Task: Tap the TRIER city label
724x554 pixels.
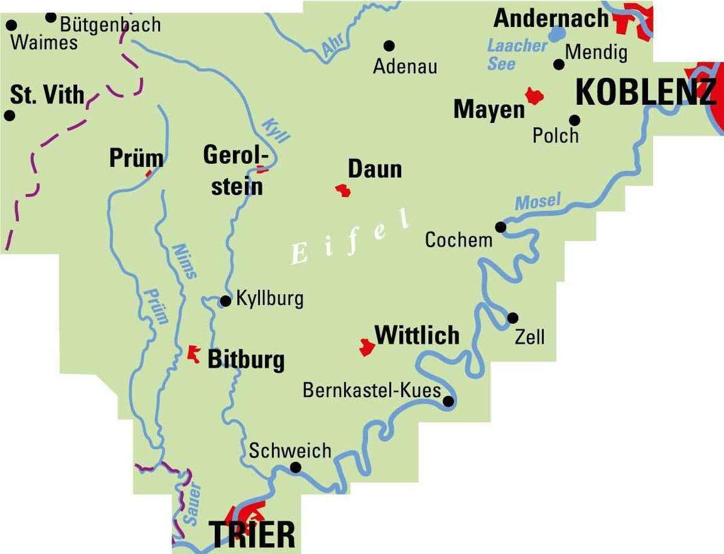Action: (x=252, y=535)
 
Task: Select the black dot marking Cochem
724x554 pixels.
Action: (x=501, y=227)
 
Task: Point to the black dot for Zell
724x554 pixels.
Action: (x=513, y=318)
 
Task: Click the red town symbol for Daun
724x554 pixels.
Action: (x=344, y=191)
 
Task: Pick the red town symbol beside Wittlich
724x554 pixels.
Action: (x=366, y=347)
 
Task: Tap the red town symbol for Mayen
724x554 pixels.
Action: (x=535, y=95)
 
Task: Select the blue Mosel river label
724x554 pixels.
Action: (x=538, y=201)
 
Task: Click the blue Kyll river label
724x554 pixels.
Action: (x=275, y=129)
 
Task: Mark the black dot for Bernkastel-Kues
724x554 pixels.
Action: (x=448, y=401)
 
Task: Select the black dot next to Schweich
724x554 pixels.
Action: (x=296, y=467)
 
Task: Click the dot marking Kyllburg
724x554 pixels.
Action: (x=226, y=301)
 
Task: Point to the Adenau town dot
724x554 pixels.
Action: (x=389, y=45)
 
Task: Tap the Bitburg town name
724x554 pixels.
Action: (x=246, y=360)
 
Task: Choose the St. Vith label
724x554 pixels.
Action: (x=48, y=95)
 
